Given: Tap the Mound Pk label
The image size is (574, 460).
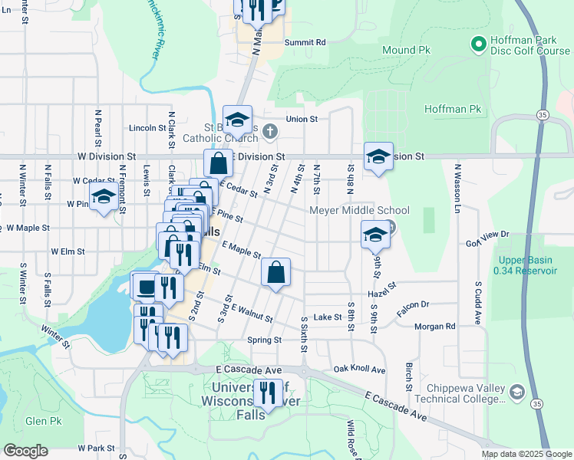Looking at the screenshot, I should coord(406,50).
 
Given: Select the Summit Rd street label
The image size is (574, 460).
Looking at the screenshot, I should coord(305,42).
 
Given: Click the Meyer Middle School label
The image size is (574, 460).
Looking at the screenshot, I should coord(359,210).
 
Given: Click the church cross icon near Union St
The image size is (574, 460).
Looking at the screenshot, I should coord(269,132).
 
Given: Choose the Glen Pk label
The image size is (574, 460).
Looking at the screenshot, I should coord(43,421).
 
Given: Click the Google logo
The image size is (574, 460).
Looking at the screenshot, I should coord(25,451).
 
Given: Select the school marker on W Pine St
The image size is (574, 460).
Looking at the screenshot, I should coord(104,197).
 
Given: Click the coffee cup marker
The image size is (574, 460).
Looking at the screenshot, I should coord(144,285).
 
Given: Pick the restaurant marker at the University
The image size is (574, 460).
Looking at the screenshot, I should coord(268,393).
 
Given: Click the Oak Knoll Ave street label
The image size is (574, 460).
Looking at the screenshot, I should coord(359,370).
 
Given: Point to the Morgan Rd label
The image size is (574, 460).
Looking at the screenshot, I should coord(434,327).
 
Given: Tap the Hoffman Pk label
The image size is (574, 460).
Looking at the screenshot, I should coord(453,110).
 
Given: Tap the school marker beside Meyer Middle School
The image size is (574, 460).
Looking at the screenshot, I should coord(375,235).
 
